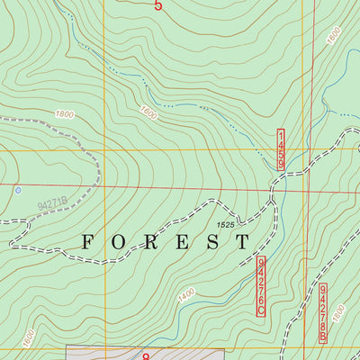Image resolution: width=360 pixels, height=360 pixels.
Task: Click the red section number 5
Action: [x=158, y=6]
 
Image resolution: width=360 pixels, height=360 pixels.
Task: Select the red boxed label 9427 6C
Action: [x=262, y=285]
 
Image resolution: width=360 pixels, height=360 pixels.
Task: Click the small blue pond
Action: [x=16, y=191]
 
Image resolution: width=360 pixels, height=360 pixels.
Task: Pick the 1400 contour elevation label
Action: [x=186, y=294]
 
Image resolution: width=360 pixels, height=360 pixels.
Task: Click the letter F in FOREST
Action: [x=88, y=242]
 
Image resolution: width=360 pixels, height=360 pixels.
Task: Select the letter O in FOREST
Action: [x=120, y=242]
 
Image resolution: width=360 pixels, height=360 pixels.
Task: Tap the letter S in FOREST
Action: [x=212, y=242]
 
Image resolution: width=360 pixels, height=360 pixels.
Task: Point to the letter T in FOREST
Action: [x=242, y=242]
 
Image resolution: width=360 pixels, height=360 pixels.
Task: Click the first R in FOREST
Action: [x=150, y=242]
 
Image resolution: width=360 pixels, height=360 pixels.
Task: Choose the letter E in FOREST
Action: [x=182, y=242]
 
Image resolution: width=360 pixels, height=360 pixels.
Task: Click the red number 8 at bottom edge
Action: [x=146, y=356]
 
